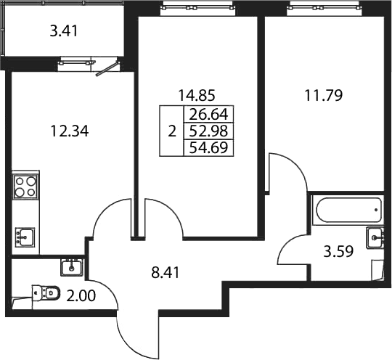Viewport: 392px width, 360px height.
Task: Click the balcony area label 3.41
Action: pyautogui.click(x=64, y=32)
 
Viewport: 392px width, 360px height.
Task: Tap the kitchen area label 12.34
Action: pyautogui.click(x=70, y=131)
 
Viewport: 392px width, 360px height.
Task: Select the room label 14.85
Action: pyautogui.click(x=197, y=95)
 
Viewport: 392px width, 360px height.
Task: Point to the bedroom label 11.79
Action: pyautogui.click(x=324, y=95)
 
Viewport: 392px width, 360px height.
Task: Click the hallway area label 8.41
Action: pyautogui.click(x=166, y=273)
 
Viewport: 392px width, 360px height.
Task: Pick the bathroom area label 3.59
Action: pyautogui.click(x=338, y=251)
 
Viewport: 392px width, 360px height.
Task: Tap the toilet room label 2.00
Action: pyautogui.click(x=81, y=296)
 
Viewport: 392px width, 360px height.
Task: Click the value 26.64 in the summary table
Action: pyautogui.click(x=209, y=115)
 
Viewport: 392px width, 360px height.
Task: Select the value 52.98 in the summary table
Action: pyautogui.click(x=209, y=131)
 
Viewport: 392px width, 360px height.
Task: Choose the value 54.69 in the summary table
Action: pyautogui.click(x=209, y=147)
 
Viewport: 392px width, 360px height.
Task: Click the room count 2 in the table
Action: pyautogui.click(x=172, y=131)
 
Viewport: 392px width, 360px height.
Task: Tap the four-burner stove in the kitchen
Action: pyautogui.click(x=25, y=187)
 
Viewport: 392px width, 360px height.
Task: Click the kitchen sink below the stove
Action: pyautogui.click(x=25, y=237)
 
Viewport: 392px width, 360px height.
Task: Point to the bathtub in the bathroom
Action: pyautogui.click(x=348, y=210)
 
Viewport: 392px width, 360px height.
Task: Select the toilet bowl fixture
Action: pyautogui.click(x=46, y=292)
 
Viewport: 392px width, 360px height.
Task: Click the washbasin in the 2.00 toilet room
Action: pyautogui.click(x=71, y=267)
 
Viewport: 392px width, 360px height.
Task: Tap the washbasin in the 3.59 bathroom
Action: pyautogui.click(x=375, y=238)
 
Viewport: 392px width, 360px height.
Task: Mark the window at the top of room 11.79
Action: pyautogui.click(x=323, y=8)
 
